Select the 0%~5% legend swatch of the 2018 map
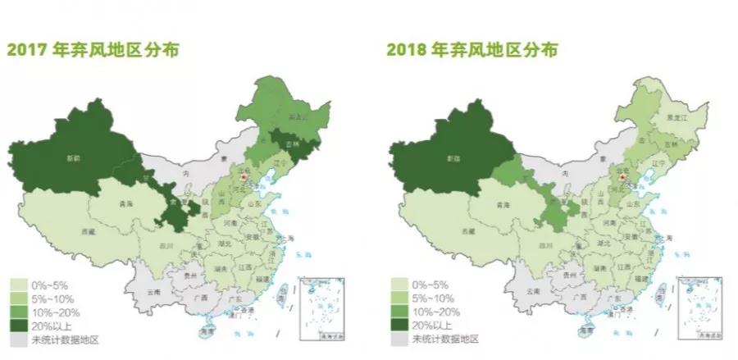coord(399,282)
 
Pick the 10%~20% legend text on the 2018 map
coord(437,311)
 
